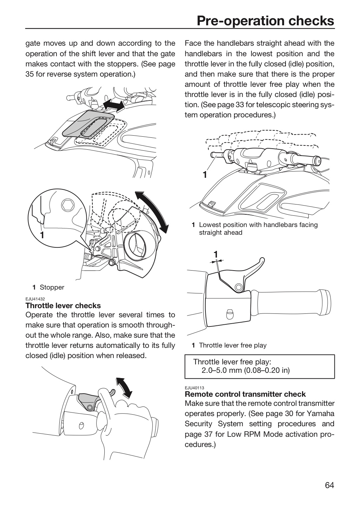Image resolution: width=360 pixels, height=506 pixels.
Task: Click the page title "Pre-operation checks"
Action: tap(266, 21)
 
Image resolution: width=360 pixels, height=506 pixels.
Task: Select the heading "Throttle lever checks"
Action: tap(63, 306)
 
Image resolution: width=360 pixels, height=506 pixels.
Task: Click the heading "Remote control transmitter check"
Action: tap(245, 394)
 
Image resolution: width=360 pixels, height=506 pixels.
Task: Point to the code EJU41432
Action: tap(35, 299)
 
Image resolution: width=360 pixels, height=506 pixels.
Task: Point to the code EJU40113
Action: tap(194, 388)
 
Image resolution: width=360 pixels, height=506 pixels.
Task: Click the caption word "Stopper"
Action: tap(52, 287)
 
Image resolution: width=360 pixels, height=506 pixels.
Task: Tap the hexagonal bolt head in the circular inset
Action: tap(68, 205)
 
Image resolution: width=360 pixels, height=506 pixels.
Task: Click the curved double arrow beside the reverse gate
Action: tap(152, 212)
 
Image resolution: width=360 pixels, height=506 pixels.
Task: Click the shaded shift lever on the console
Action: tap(88, 124)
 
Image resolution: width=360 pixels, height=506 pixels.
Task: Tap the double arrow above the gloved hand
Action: tap(124, 388)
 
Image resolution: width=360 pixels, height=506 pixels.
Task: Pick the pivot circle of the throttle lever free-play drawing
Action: tap(238, 287)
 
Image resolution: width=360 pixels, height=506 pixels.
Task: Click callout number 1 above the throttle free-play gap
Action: tap(216, 254)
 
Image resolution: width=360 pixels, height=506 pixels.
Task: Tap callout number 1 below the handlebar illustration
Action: tap(205, 175)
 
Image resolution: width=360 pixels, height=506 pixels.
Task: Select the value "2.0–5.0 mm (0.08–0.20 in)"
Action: tap(245, 370)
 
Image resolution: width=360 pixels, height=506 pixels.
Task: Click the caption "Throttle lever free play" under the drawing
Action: tap(233, 345)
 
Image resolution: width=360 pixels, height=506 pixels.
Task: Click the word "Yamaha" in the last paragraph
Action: tap(320, 414)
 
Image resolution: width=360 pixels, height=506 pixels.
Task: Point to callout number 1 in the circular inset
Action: tap(42, 235)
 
